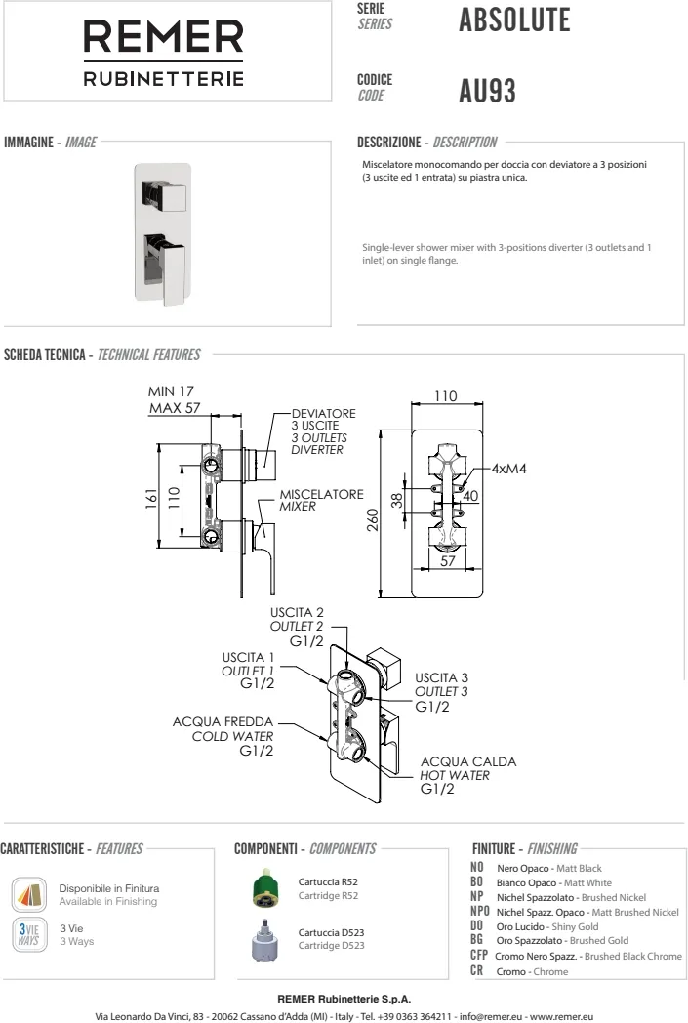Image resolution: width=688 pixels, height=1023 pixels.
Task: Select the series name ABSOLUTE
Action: coord(513,20)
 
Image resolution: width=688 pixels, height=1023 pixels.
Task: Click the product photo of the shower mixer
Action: coord(162,229)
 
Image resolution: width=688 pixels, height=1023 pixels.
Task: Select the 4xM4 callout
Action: coord(508,469)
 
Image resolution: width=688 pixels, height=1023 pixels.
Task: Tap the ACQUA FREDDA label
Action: coord(223,721)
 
